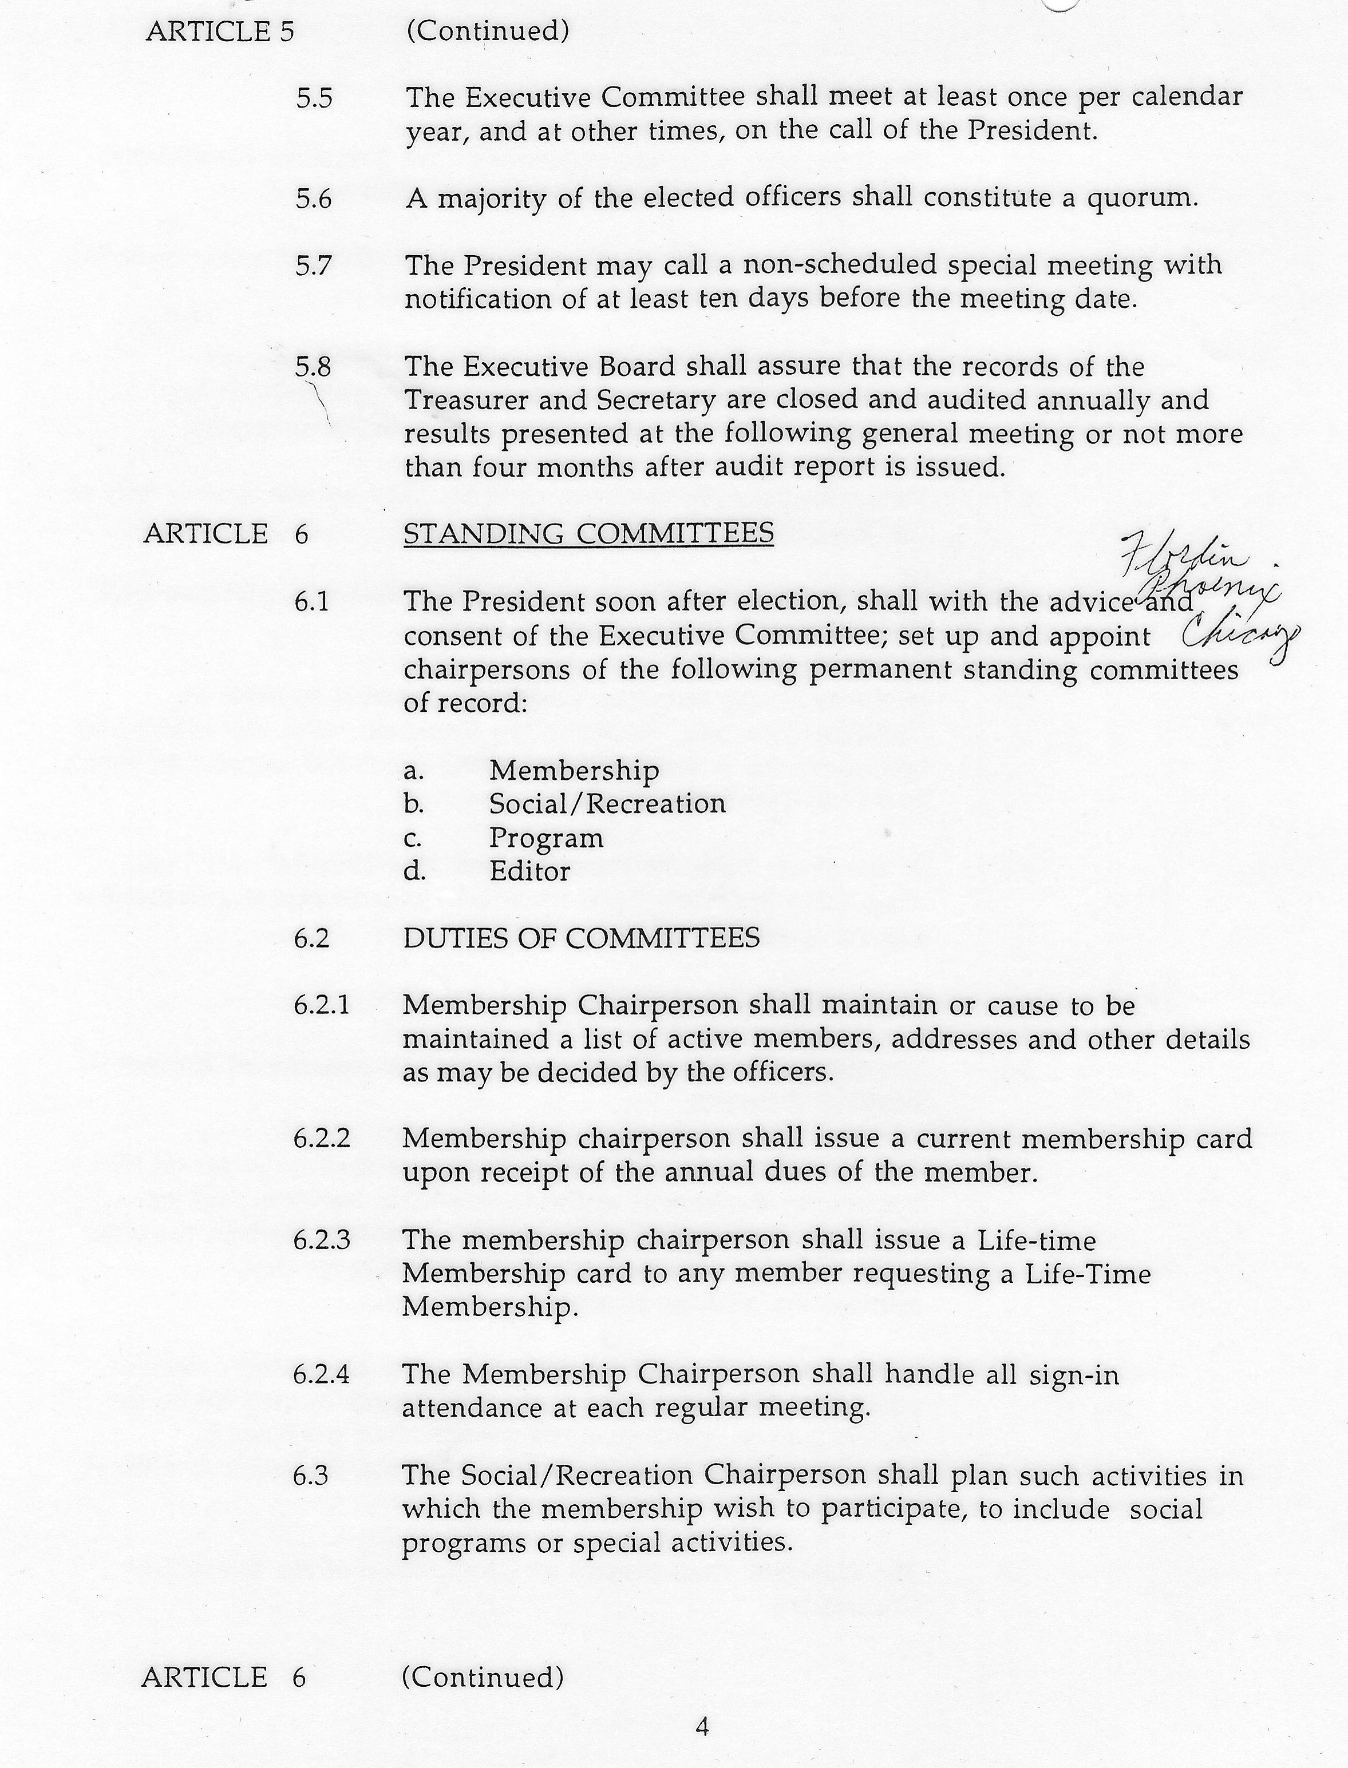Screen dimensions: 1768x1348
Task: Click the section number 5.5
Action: click(x=314, y=98)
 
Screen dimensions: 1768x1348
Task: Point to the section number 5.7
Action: click(x=313, y=265)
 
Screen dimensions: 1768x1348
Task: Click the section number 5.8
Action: click(x=313, y=367)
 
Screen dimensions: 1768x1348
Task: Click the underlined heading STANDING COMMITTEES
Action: click(x=588, y=533)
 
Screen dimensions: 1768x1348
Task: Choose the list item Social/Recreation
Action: click(x=607, y=804)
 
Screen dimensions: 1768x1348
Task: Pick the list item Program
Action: click(x=547, y=838)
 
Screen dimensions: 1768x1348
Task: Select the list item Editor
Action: click(x=529, y=872)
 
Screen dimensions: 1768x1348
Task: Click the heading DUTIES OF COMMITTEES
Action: click(x=581, y=938)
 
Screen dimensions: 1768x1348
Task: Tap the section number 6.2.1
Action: click(x=322, y=1006)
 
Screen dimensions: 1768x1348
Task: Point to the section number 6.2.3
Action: click(x=322, y=1241)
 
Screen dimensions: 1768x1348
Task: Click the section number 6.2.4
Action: click(x=322, y=1375)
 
